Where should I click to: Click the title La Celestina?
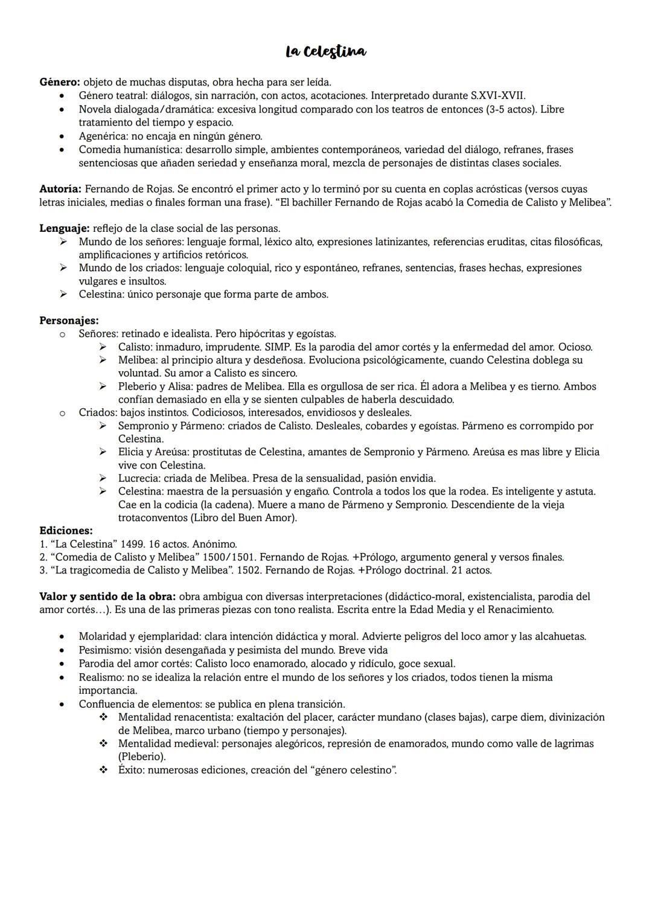[x=326, y=52]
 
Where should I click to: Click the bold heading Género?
[x=60, y=82]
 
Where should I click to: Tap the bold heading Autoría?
[x=60, y=189]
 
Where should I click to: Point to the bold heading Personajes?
[x=69, y=320]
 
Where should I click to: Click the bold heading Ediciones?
[x=66, y=531]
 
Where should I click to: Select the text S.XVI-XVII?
[x=497, y=95]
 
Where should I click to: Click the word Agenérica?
[x=102, y=136]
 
